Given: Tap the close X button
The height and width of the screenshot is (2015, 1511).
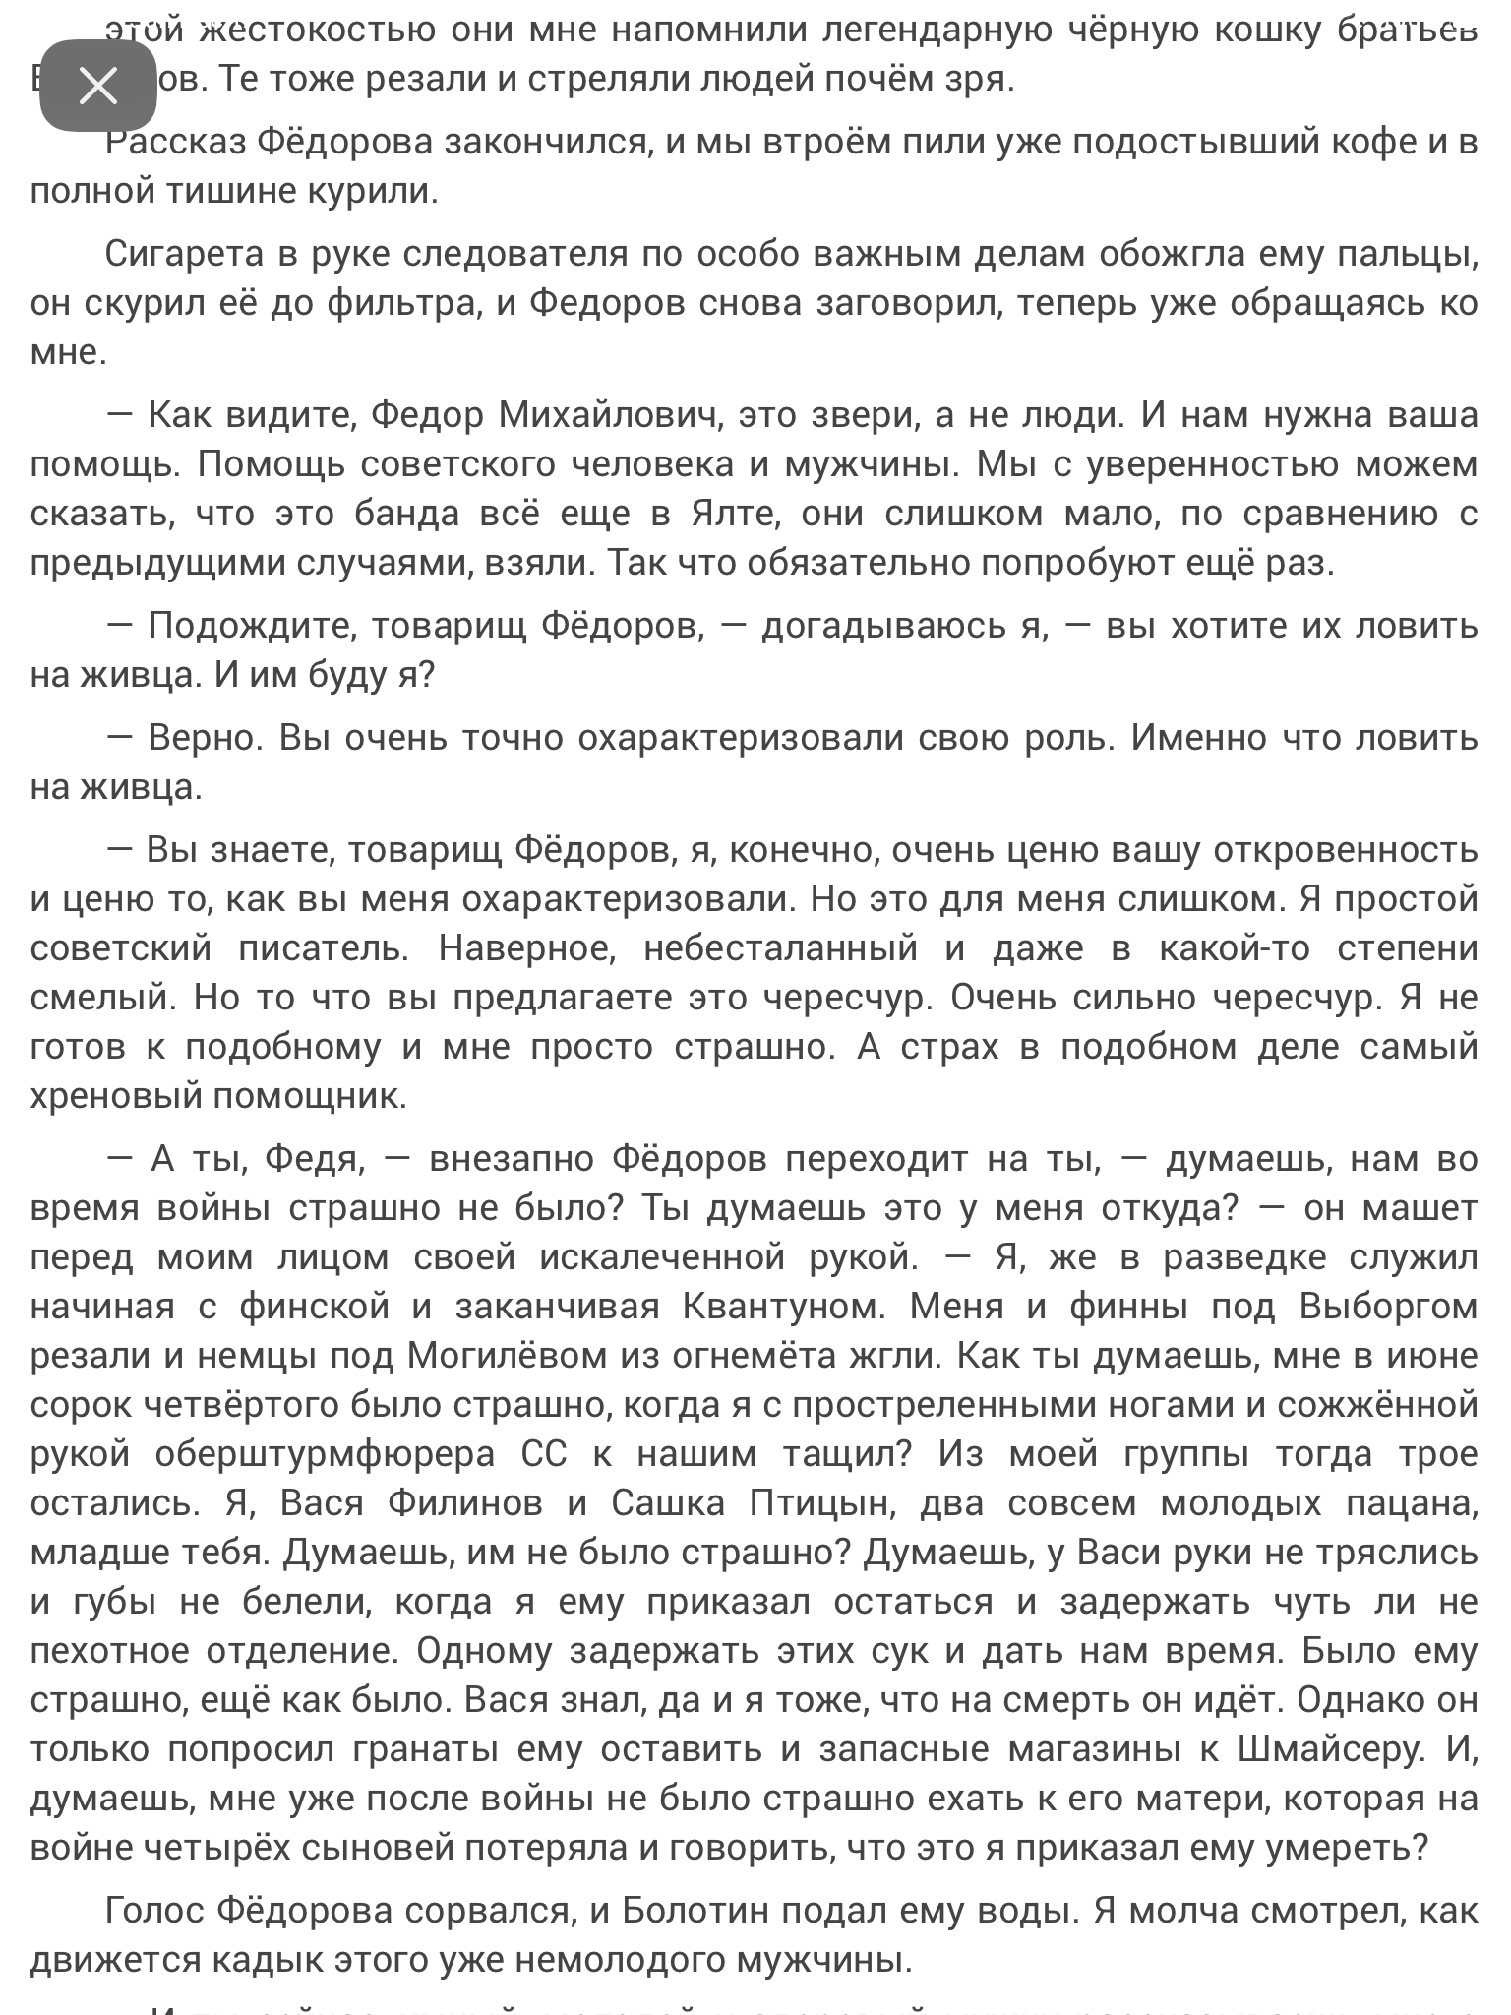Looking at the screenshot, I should tap(98, 86).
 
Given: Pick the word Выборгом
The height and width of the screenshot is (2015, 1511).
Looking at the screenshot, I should tap(1388, 1307).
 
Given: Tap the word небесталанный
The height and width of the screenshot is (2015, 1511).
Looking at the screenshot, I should tap(781, 948).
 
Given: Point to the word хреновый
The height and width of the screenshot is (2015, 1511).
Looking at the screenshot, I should tap(112, 1096).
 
